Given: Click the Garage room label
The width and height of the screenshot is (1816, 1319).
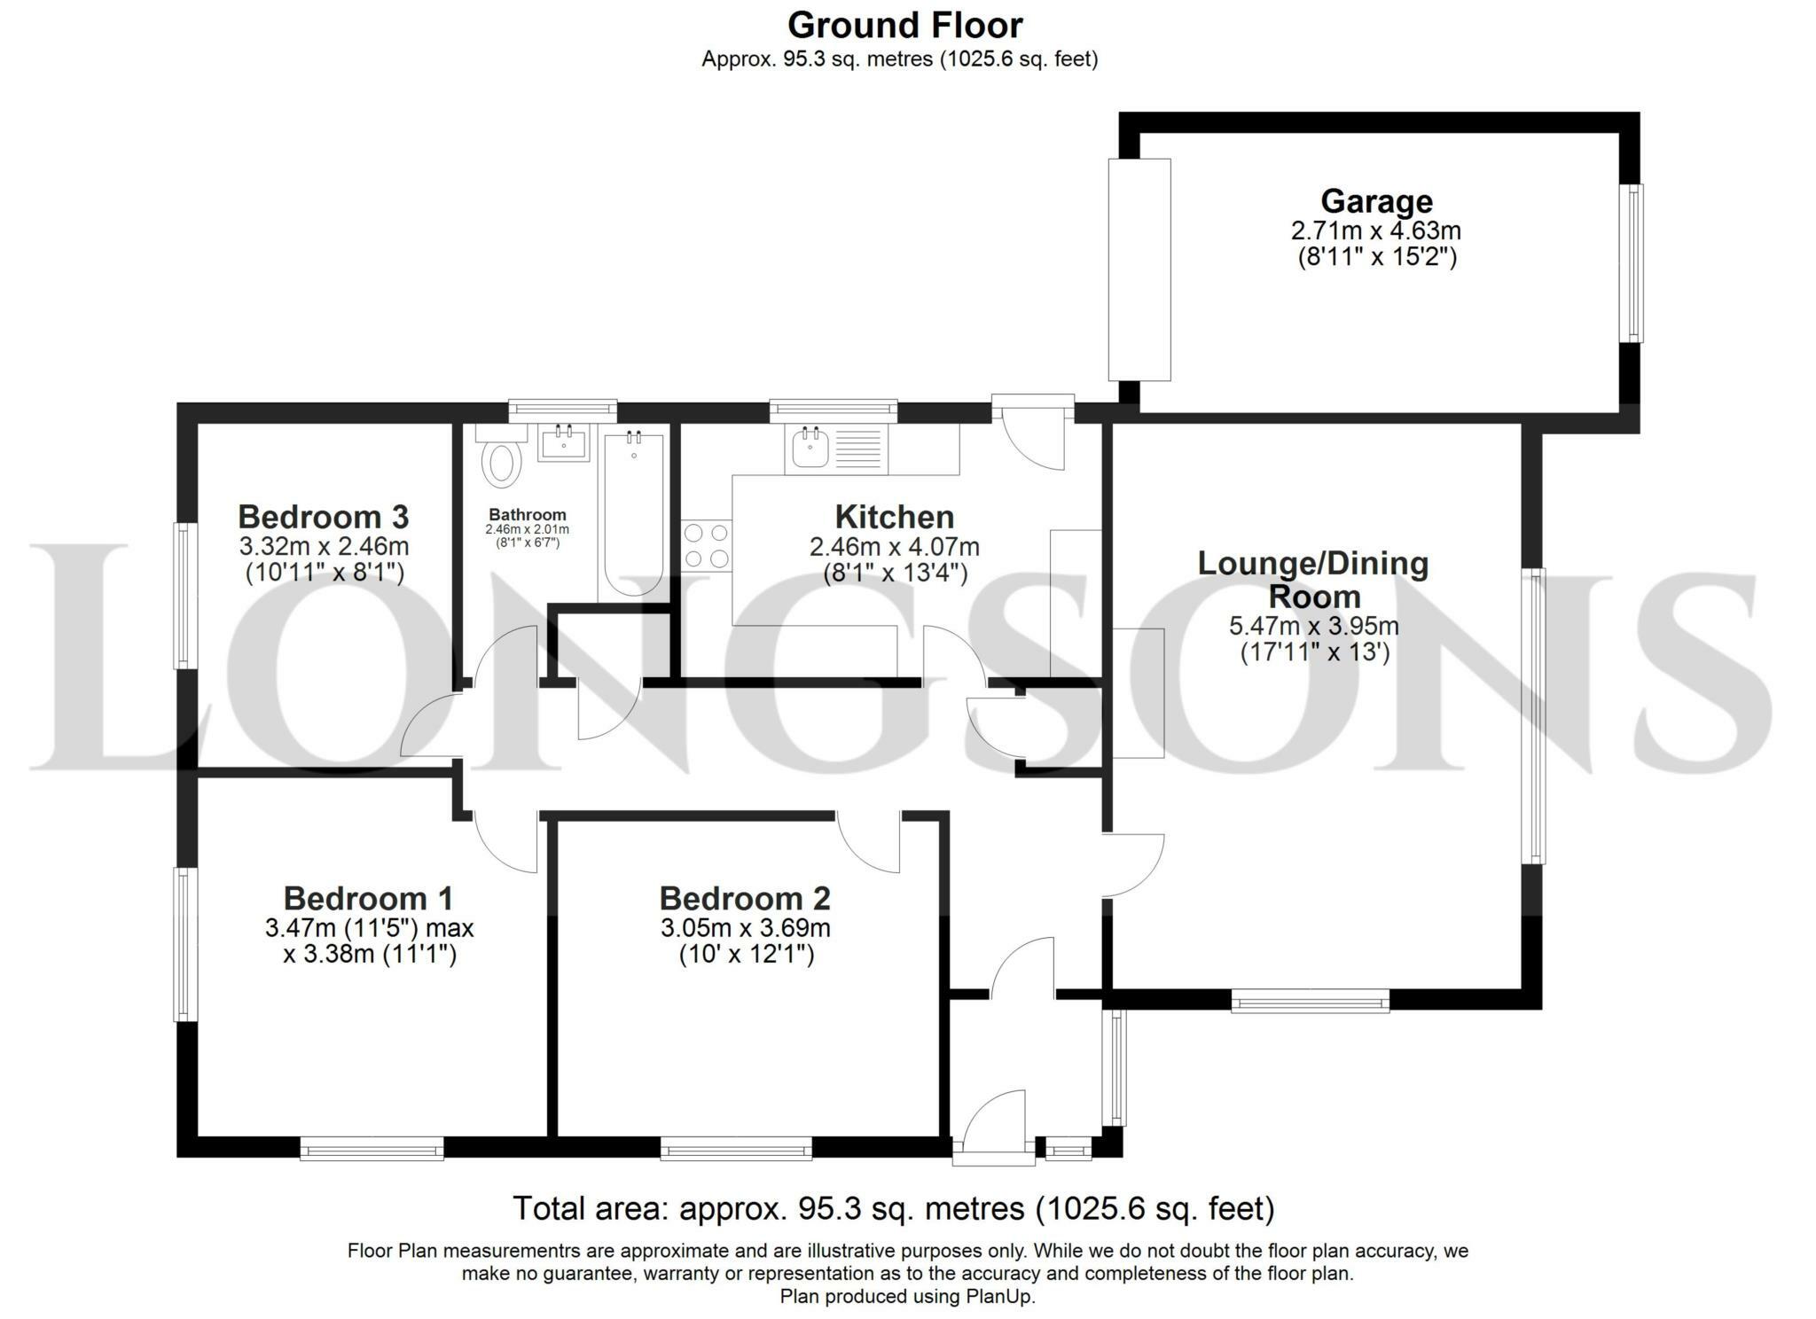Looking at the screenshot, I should tap(1375, 202).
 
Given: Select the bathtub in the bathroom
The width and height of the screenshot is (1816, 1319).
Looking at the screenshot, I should tap(633, 514).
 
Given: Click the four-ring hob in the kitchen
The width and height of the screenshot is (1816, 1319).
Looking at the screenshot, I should tap(707, 545).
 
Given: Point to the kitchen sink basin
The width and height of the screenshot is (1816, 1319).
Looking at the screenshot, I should tap(810, 449).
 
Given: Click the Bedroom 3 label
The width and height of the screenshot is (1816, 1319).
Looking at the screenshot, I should tap(323, 516).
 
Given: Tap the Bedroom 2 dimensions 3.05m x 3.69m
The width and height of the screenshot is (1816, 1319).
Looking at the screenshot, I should tap(745, 928).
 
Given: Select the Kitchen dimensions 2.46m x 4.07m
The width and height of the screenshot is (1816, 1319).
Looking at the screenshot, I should tap(894, 547).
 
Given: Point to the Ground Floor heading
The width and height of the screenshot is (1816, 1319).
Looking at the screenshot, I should tap(904, 25).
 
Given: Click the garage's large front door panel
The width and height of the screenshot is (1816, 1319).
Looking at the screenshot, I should tap(1139, 269).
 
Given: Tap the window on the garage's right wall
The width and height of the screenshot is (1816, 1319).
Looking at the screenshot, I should tap(1632, 262).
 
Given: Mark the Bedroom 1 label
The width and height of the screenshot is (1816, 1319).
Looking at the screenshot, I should tap(368, 899).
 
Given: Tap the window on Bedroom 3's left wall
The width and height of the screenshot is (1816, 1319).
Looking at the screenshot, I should tap(183, 595).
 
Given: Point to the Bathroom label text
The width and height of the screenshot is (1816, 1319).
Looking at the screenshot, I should tap(527, 515).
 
